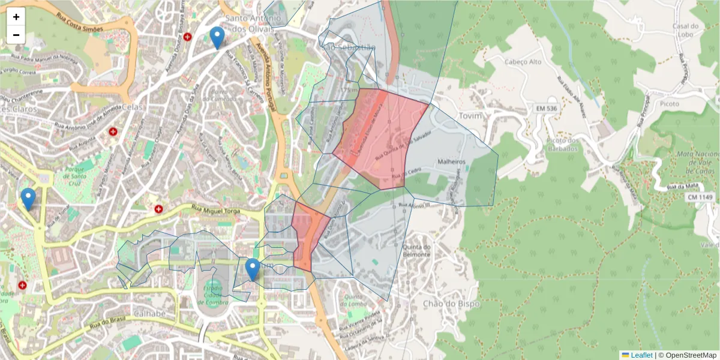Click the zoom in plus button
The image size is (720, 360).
click(x=16, y=17)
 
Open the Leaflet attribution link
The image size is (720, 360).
click(x=641, y=355)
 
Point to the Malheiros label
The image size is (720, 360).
click(x=452, y=161)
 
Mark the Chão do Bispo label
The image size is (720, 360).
click(x=451, y=304)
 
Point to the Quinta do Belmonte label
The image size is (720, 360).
click(x=418, y=251)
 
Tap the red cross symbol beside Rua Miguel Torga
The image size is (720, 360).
click(x=158, y=209)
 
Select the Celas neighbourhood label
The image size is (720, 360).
click(x=131, y=107)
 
